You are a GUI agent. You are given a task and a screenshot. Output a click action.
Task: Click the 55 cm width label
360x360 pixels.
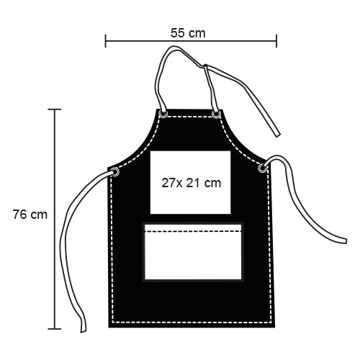click(188, 33)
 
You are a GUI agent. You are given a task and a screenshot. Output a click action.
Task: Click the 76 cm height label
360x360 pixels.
click(30, 215)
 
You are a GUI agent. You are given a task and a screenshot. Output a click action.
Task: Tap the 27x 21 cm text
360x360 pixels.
click(191, 183)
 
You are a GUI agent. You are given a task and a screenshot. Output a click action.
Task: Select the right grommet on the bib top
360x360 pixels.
click(216, 114)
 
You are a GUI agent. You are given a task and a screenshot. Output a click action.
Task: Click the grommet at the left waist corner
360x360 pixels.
click(115, 171)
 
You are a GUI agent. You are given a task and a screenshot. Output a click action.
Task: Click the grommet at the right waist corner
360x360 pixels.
click(263, 168)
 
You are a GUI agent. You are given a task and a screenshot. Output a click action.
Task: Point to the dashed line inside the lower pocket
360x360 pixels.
click(193, 231)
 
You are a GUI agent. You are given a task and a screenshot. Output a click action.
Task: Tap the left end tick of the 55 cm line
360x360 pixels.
click(105, 41)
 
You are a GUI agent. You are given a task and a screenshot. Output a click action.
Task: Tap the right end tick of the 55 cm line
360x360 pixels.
click(276, 41)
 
